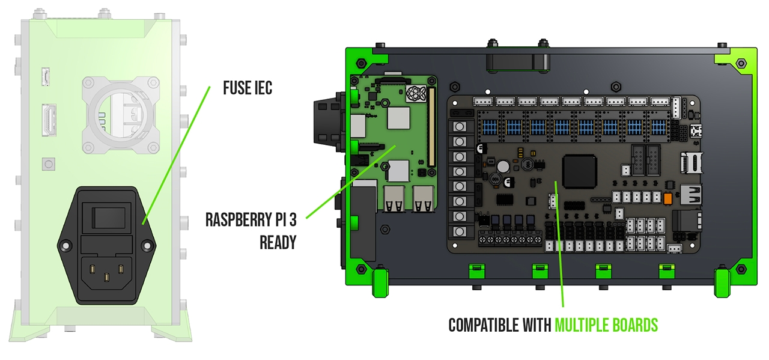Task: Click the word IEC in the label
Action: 262,88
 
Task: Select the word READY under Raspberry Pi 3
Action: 278,242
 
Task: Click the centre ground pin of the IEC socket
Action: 106,278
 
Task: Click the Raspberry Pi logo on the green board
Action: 416,93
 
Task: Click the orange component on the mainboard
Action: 666,197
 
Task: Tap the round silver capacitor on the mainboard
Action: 502,165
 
